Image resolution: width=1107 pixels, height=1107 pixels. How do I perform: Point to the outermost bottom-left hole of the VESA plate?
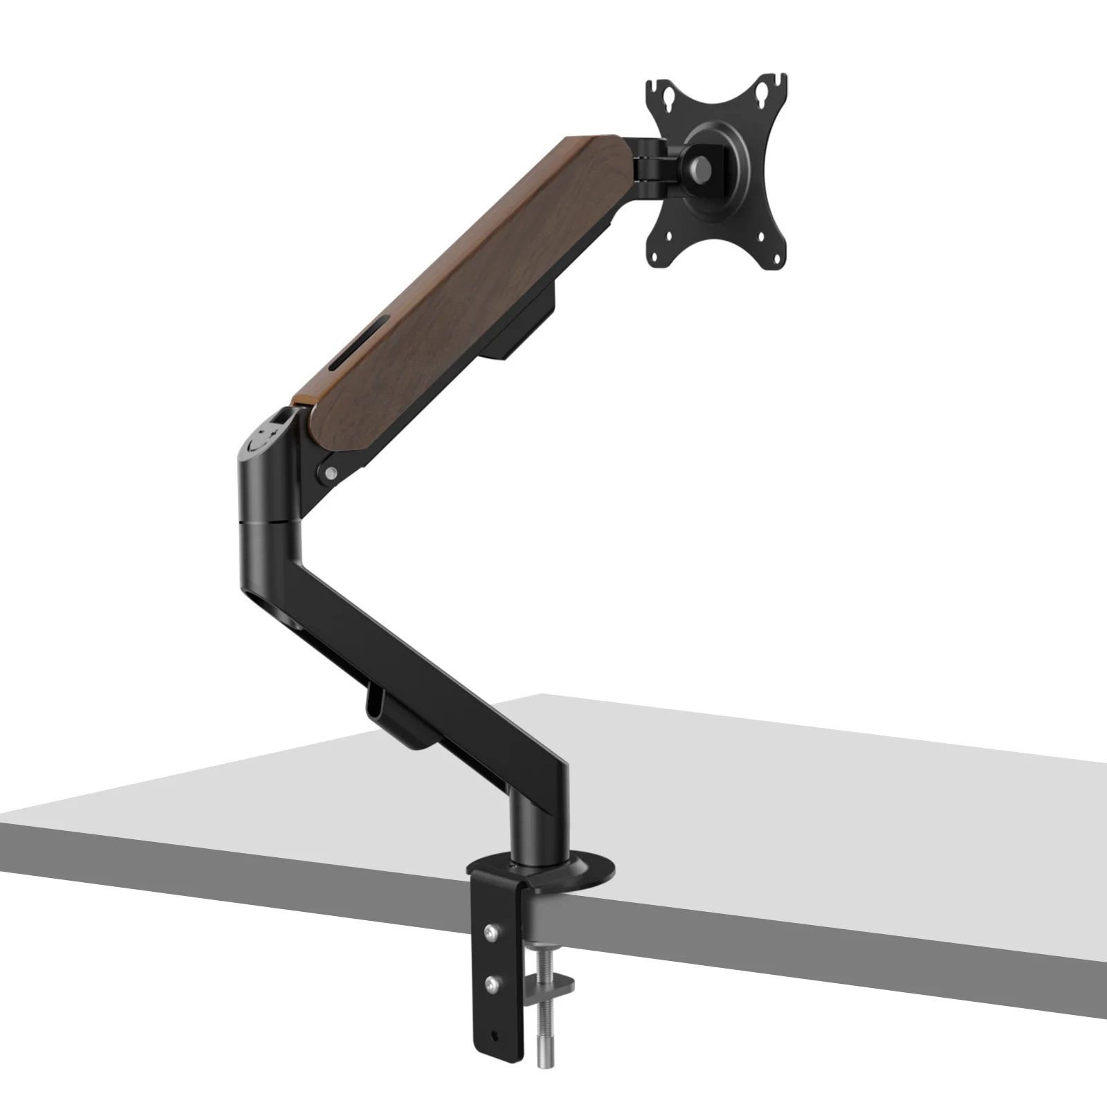pyautogui.click(x=655, y=253)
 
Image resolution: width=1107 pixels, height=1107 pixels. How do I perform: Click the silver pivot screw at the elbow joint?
pyautogui.click(x=331, y=473)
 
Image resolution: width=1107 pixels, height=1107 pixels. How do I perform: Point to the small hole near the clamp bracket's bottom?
pyautogui.click(x=494, y=1036)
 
